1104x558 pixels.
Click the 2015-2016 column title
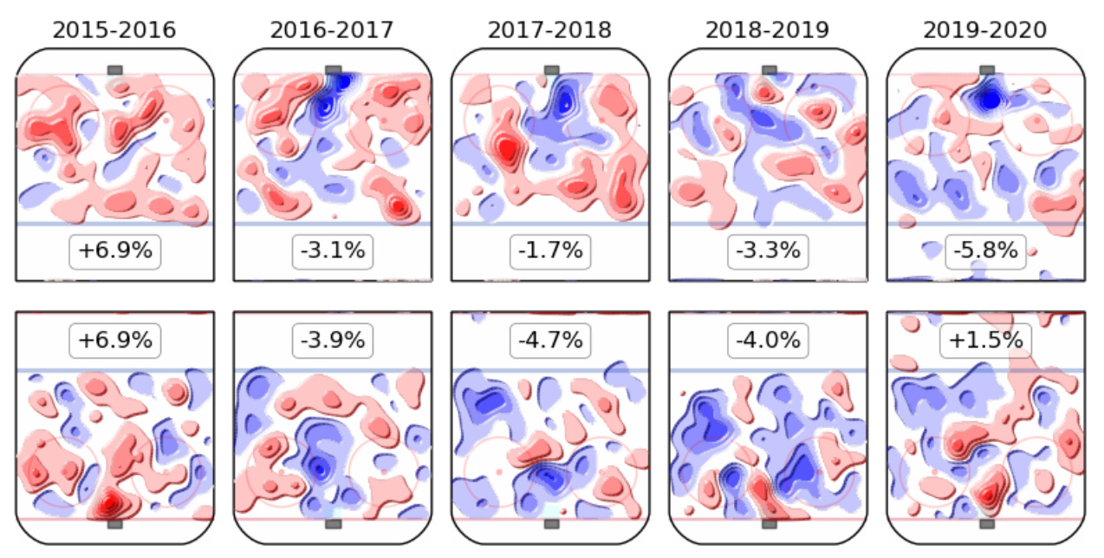[114, 30]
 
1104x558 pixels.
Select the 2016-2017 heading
[332, 30]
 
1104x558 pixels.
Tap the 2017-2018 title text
[549, 30]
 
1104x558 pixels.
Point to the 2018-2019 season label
[767, 30]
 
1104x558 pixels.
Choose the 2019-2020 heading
[984, 30]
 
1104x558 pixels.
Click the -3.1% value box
[332, 252]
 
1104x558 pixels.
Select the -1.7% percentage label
[549, 252]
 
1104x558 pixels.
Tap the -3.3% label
[767, 252]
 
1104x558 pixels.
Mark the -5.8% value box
[984, 252]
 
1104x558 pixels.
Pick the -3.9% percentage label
[332, 341]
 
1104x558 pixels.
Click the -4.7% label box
[549, 341]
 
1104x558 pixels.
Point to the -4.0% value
[767, 341]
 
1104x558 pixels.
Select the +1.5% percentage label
[984, 341]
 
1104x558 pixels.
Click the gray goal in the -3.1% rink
[332, 70]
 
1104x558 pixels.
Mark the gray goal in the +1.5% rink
[986, 523]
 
